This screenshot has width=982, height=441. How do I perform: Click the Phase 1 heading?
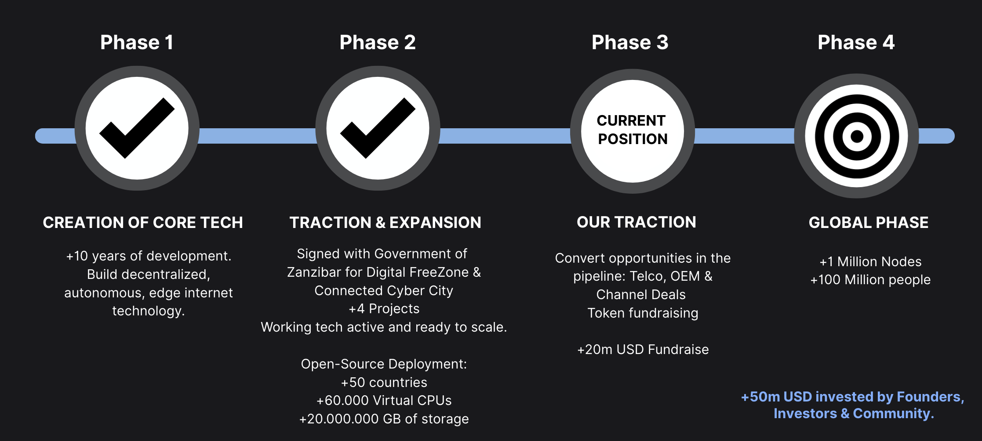click(137, 43)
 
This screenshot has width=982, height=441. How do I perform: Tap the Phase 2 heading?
click(378, 43)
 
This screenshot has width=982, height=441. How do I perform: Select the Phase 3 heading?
click(630, 43)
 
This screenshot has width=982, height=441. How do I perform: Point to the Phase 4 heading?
click(856, 43)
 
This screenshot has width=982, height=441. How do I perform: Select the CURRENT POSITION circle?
click(632, 131)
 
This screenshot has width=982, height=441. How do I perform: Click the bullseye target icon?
click(856, 136)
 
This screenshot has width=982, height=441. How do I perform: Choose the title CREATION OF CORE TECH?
click(143, 223)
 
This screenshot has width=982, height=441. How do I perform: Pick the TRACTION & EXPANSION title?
click(385, 223)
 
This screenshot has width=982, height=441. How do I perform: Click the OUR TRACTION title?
click(636, 222)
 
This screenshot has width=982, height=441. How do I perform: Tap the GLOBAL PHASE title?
click(869, 223)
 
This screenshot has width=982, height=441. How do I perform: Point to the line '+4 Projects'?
click(384, 309)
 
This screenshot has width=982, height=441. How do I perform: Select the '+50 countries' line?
click(384, 383)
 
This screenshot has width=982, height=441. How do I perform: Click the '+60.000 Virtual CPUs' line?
click(384, 401)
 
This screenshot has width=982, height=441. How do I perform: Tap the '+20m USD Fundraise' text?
click(643, 350)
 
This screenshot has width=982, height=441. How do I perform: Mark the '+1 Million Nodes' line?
click(870, 262)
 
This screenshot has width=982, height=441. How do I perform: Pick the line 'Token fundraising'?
click(643, 313)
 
